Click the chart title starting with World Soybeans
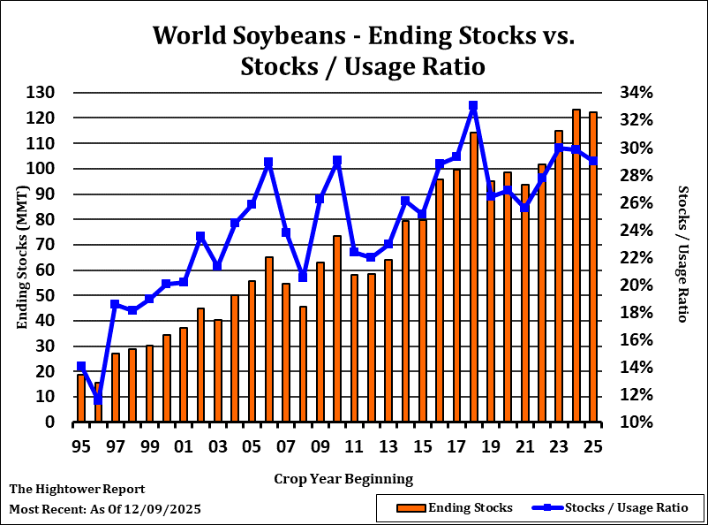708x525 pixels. [x=363, y=50]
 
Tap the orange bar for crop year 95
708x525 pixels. [x=80, y=399]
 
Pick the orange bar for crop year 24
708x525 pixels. [x=576, y=266]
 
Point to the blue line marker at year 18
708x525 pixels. [x=473, y=106]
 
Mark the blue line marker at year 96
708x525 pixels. [x=98, y=399]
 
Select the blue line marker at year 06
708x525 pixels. [x=268, y=163]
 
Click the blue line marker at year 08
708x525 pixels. [x=303, y=278]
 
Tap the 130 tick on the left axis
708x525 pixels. [x=41, y=93]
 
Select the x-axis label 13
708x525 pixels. [x=388, y=446]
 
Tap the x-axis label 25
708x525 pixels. [x=593, y=446]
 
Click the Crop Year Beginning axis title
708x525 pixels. [x=343, y=479]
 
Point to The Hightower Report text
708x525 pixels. [x=77, y=489]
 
